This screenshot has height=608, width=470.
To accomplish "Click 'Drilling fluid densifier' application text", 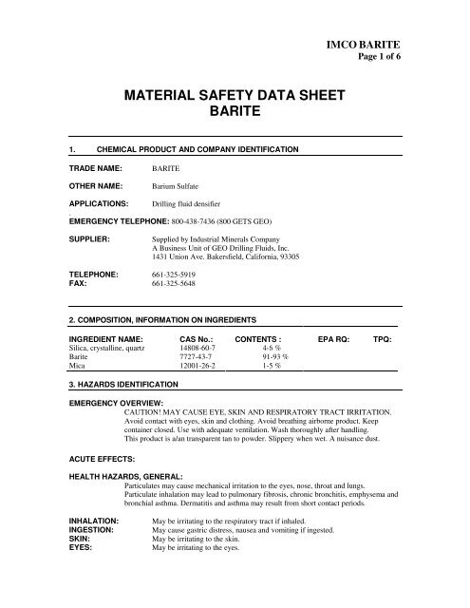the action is (192, 203).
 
